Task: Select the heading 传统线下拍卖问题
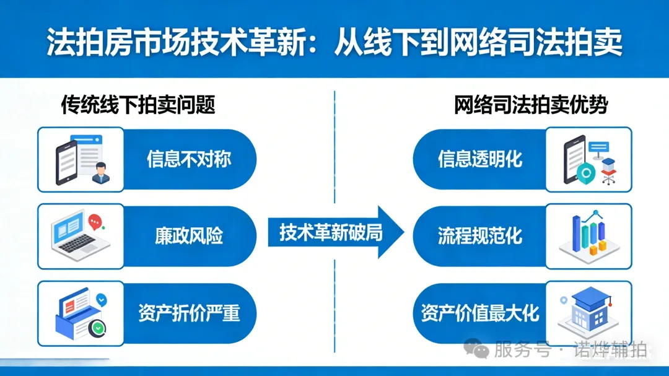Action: [138, 105]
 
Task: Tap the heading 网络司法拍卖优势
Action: [531, 105]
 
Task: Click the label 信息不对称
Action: [189, 159]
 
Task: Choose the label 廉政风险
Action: [189, 236]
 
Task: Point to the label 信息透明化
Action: [480, 159]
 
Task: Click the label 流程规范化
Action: [480, 236]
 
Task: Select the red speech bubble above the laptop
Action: [95, 221]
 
